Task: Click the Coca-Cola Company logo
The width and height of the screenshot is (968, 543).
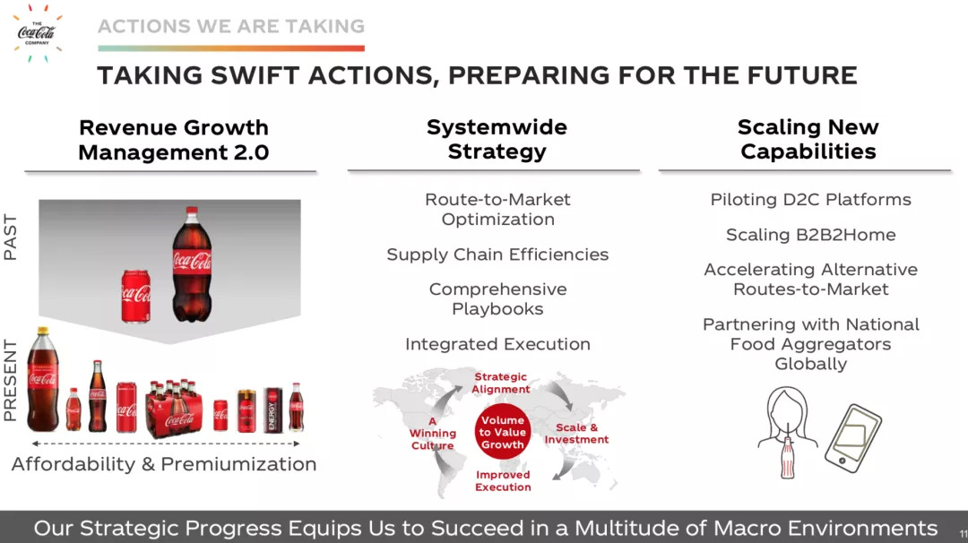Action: click(x=38, y=32)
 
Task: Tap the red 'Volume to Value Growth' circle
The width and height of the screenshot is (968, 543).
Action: click(x=503, y=432)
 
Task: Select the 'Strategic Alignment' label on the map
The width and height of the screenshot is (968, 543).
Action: click(x=501, y=383)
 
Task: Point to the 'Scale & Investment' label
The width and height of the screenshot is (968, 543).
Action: click(x=576, y=433)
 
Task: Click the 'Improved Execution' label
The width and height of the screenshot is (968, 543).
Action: click(x=503, y=480)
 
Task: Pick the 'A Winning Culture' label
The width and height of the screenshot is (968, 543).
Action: click(x=433, y=433)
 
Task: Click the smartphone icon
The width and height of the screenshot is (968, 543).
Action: click(x=853, y=438)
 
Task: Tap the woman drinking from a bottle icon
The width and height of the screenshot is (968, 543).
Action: click(x=787, y=432)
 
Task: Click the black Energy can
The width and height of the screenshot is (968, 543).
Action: click(x=273, y=409)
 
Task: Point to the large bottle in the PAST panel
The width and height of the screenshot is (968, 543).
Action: click(x=192, y=264)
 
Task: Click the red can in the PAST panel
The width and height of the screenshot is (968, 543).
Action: click(x=136, y=297)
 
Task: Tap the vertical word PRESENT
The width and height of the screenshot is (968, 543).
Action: click(x=10, y=380)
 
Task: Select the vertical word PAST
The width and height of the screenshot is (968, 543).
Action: click(x=10, y=237)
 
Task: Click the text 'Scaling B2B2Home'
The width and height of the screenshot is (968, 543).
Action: click(x=810, y=235)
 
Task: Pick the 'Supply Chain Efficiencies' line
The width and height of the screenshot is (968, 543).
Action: click(x=497, y=254)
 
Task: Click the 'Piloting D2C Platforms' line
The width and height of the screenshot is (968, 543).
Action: click(x=810, y=200)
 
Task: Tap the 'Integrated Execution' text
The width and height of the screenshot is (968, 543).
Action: click(x=497, y=344)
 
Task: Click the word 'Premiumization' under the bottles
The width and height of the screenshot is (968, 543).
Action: click(x=238, y=464)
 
